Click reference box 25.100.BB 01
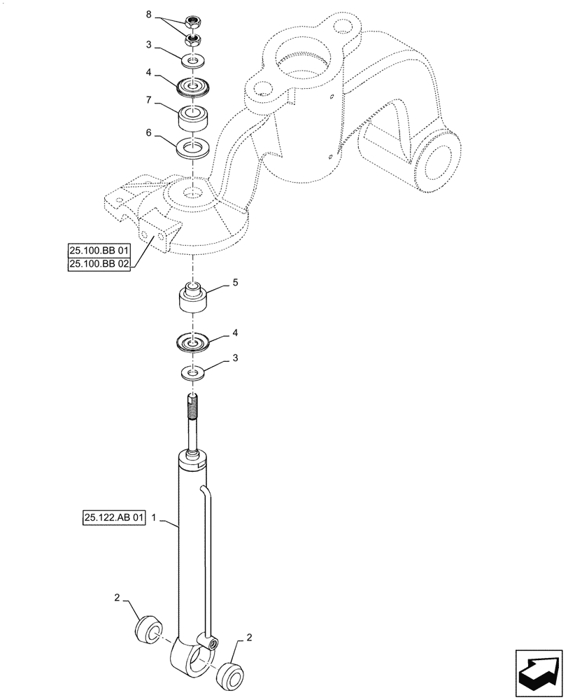coord(99,250)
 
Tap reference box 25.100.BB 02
coord(99,264)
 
